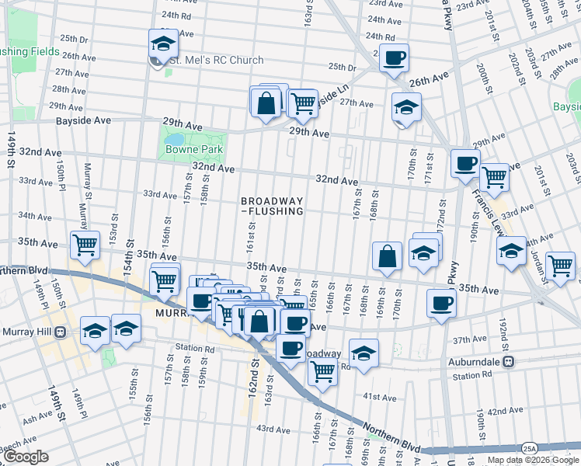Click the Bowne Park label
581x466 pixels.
194,149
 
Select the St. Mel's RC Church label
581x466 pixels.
217,60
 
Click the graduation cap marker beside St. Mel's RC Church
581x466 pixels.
163,44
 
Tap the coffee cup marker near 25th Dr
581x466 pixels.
395,57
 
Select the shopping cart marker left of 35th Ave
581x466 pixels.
85,245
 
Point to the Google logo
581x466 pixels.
26,457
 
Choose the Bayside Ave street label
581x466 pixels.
83,121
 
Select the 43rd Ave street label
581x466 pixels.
273,429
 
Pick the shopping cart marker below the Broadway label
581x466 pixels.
322,371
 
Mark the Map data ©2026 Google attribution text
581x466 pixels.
532,460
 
